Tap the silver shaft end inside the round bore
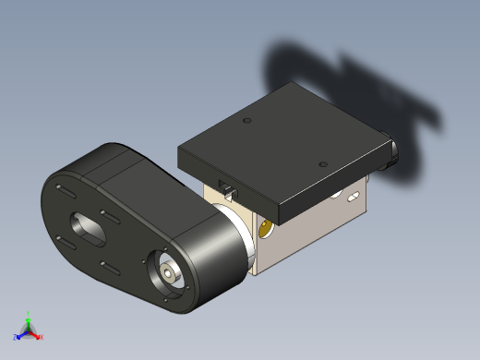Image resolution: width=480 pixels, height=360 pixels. coord(168,273)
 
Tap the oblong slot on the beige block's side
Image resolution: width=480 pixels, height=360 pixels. coord(354,197)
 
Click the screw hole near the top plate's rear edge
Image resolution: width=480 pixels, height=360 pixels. coord(246,121)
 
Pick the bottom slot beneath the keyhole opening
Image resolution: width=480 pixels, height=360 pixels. coord(108,267)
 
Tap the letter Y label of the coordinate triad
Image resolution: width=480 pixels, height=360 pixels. coord(29,313)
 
